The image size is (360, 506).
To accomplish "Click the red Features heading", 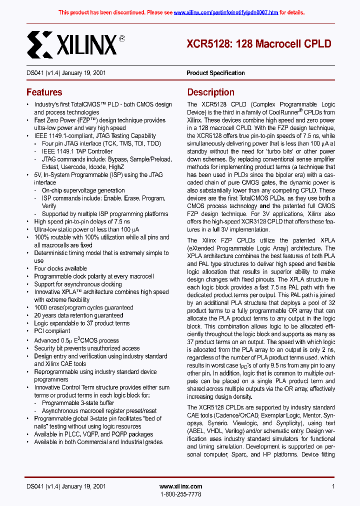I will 44,92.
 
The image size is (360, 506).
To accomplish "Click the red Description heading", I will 210,92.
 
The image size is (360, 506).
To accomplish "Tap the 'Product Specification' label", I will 215,73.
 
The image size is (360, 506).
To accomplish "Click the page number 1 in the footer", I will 333,486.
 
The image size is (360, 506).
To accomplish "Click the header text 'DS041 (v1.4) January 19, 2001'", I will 65,73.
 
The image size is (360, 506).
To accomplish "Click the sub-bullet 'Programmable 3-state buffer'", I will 78,403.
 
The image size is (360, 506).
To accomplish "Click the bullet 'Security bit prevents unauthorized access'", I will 86,348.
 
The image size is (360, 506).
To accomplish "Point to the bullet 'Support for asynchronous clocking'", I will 77,284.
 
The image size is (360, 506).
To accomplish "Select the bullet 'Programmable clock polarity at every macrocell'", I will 94,276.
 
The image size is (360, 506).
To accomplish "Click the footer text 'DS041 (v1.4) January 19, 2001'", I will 65,486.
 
